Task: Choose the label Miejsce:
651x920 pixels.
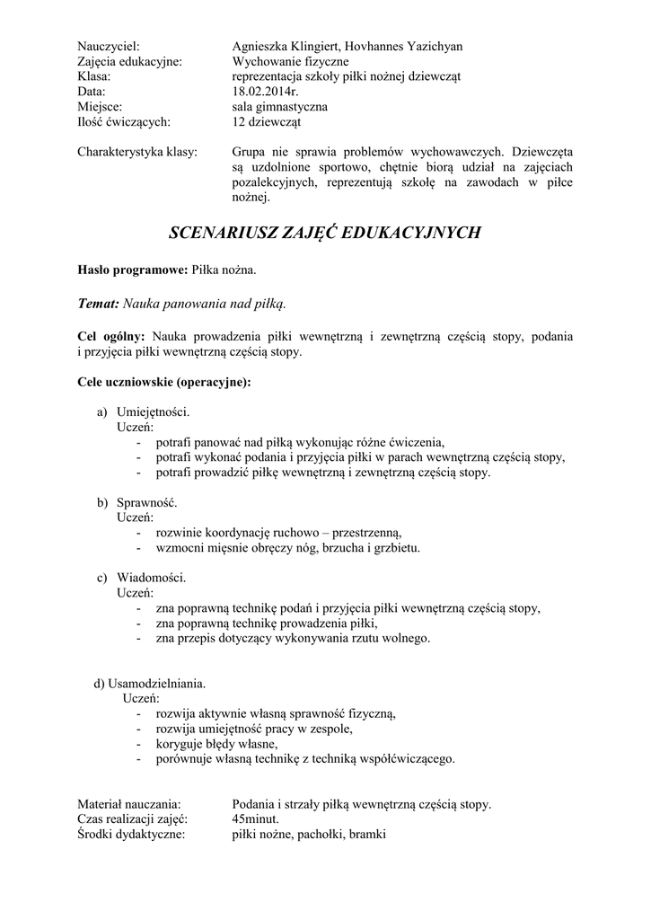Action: [102, 107]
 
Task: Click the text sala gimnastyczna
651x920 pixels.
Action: [279, 107]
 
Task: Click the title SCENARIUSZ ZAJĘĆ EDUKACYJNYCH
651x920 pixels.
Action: [325, 233]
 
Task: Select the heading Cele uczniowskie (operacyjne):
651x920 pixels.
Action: [164, 382]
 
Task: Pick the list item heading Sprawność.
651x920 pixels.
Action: [147, 502]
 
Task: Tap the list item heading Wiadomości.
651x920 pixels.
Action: [151, 578]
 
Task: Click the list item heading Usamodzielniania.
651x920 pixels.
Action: [156, 683]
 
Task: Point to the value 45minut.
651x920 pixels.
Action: [255, 819]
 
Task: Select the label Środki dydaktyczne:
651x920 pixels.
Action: [131, 835]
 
